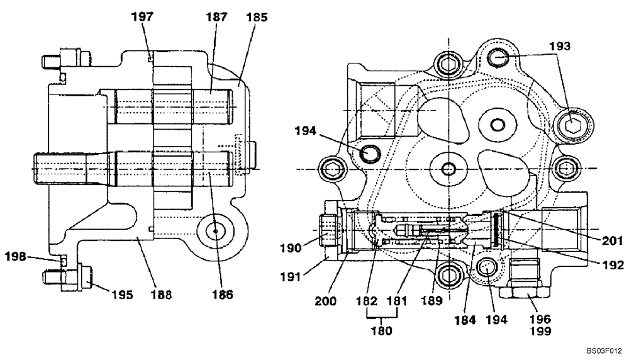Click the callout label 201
point(611,240)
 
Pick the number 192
point(611,264)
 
